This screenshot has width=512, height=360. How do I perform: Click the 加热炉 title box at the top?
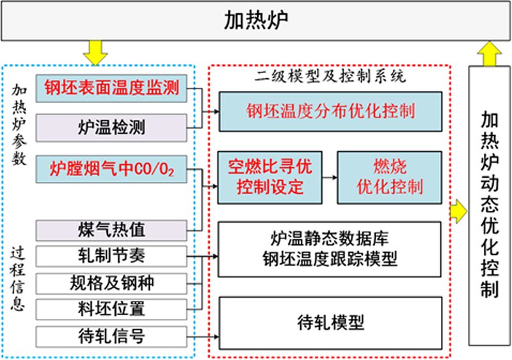click(256, 20)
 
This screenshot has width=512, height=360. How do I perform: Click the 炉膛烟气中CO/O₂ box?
click(111, 169)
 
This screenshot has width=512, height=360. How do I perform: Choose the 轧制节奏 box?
click(111, 256)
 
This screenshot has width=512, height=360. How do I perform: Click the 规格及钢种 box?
click(111, 282)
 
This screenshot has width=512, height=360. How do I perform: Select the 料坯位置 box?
click(111, 309)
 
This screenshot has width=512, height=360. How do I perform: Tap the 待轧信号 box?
click(111, 335)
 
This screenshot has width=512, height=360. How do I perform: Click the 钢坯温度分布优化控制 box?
click(330, 111)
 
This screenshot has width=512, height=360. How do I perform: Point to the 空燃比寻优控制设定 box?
click(269, 177)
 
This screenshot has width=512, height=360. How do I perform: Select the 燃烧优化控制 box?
click(389, 177)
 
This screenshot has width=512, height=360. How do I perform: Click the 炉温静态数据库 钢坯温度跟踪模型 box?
click(330, 249)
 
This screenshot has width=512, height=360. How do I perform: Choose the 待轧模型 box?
click(330, 322)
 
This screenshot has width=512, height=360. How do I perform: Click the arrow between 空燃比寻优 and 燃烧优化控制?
click(329, 177)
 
